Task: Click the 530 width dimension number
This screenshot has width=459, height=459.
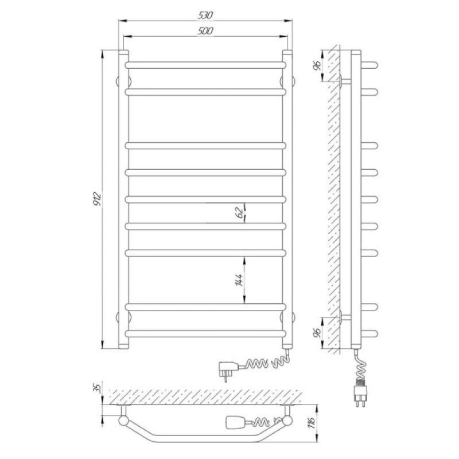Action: coord(205,15)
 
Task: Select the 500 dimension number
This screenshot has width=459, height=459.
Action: coord(205,31)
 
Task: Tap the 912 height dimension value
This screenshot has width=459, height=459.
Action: coord(97,199)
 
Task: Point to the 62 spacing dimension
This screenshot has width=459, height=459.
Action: coord(239,212)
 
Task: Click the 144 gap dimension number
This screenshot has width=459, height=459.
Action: coord(239,280)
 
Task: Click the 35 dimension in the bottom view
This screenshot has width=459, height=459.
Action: coord(98,388)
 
